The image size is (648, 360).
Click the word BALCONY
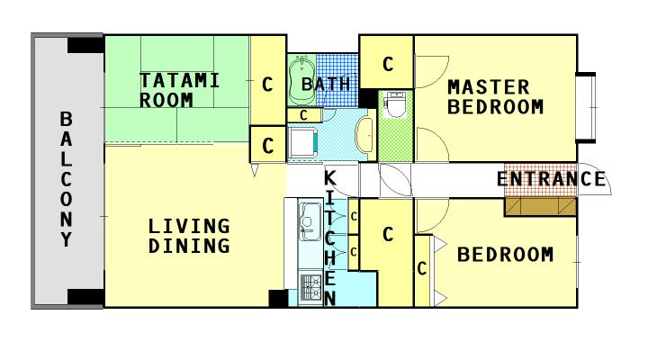[x=66, y=179]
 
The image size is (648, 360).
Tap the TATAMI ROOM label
[x=179, y=90]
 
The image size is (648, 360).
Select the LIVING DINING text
[x=189, y=236]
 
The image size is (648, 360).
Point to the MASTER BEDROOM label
[x=495, y=97]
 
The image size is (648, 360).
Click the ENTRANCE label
[x=551, y=179]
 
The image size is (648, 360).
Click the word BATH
[x=326, y=85]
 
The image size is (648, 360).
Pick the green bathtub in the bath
[x=302, y=80]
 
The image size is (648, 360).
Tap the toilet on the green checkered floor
[x=395, y=104]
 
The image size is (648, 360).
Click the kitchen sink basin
[x=310, y=221]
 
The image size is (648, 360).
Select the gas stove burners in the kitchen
[x=310, y=286]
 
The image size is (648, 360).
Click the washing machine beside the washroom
[x=303, y=142]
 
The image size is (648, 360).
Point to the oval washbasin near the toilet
[x=364, y=135]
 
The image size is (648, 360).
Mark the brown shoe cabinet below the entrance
[x=540, y=207]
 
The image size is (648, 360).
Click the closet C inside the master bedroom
[x=386, y=62]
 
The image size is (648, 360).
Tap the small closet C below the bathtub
[x=304, y=115]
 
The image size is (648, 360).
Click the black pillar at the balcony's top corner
[x=85, y=45]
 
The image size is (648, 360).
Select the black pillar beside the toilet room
[x=367, y=98]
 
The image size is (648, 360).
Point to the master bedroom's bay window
[x=586, y=108]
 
